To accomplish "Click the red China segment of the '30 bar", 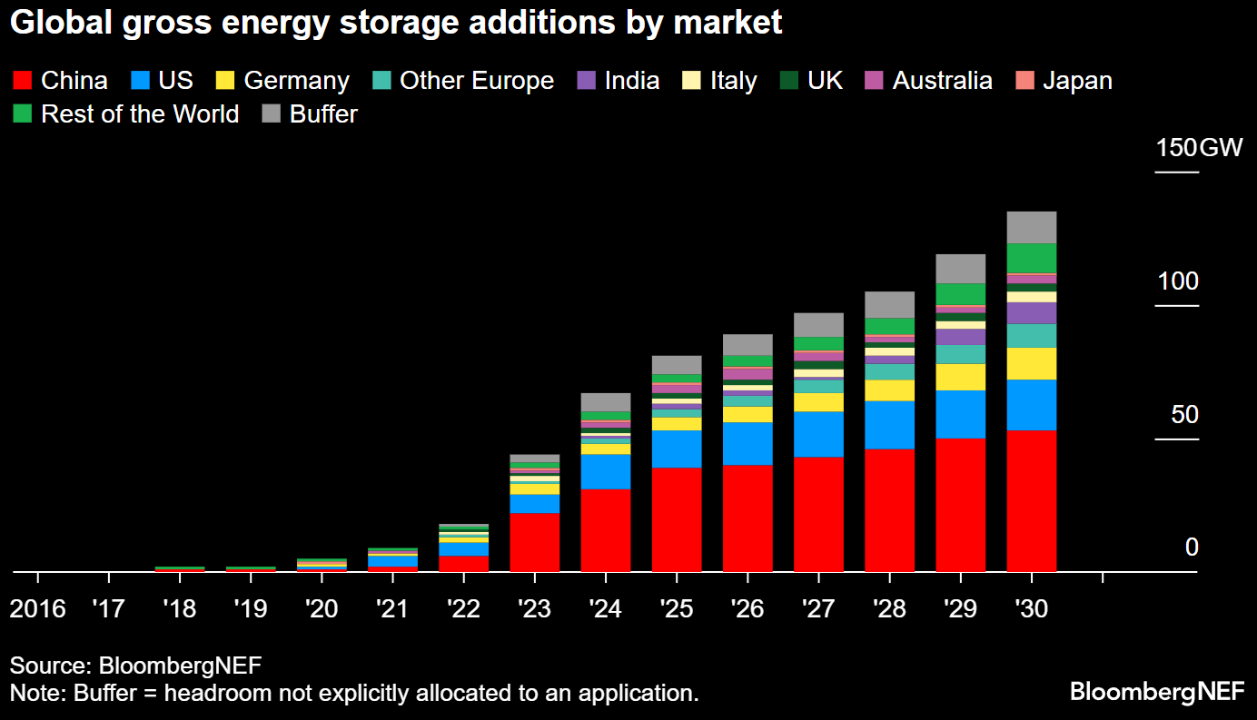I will pyautogui.click(x=1031, y=500).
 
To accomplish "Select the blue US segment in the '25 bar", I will pyautogui.click(x=677, y=449).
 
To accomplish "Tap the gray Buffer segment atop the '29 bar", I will pyautogui.click(x=960, y=268).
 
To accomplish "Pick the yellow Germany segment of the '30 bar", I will pyautogui.click(x=1031, y=363).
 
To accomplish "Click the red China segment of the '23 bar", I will pyautogui.click(x=534, y=542).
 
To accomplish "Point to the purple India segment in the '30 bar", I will pyautogui.click(x=1031, y=312).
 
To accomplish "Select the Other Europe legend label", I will pyautogui.click(x=476, y=81).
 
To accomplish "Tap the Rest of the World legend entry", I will pyautogui.click(x=140, y=114).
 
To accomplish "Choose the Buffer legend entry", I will pyautogui.click(x=323, y=114).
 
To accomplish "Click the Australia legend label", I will pyautogui.click(x=942, y=81).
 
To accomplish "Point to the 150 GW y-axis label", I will pyautogui.click(x=1198, y=147).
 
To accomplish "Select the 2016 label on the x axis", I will pyautogui.click(x=37, y=607).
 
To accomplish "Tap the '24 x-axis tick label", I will pyautogui.click(x=606, y=607).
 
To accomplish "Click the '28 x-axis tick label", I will pyautogui.click(x=889, y=607).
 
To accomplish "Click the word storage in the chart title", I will pyautogui.click(x=409, y=23).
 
